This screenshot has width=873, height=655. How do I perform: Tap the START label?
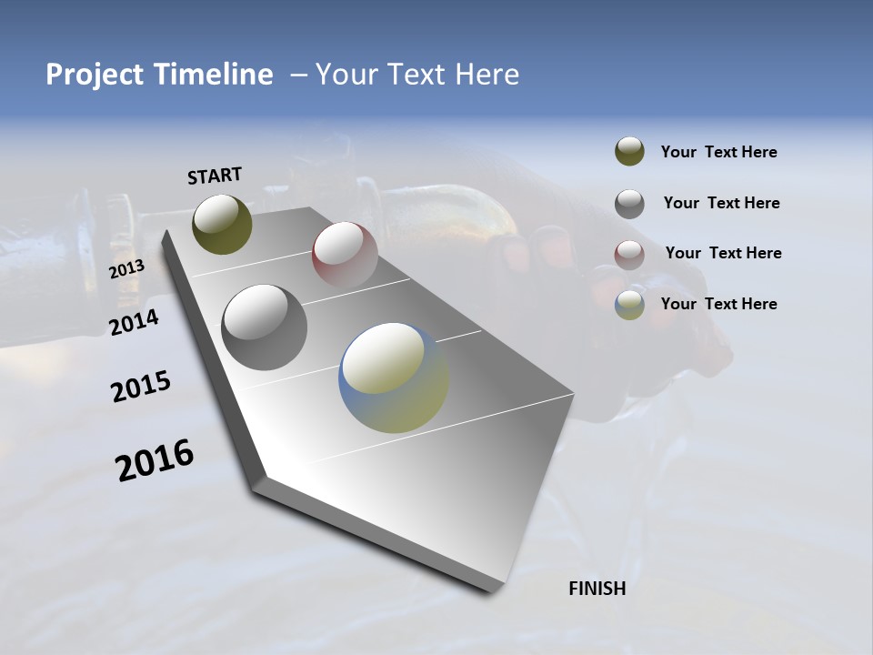(215, 176)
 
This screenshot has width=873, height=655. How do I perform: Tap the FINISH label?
(597, 589)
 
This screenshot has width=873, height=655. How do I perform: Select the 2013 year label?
(126, 268)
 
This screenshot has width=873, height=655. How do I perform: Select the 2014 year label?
(134, 323)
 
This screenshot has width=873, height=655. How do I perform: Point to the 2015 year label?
(141, 387)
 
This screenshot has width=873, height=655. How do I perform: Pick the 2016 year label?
(155, 460)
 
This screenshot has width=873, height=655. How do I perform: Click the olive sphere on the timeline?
(222, 224)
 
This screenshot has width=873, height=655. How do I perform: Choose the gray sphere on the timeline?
(264, 327)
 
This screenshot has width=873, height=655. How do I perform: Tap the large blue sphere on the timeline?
(394, 378)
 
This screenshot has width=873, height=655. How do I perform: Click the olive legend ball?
(629, 152)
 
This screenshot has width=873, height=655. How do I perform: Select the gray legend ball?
(629, 204)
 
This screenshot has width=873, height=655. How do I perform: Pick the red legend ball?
(629, 254)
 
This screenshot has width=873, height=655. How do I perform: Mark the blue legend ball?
(629, 305)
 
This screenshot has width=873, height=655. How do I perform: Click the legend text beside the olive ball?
(718, 153)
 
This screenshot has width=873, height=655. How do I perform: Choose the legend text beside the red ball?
(723, 253)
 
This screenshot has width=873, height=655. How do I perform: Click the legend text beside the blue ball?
(718, 304)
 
